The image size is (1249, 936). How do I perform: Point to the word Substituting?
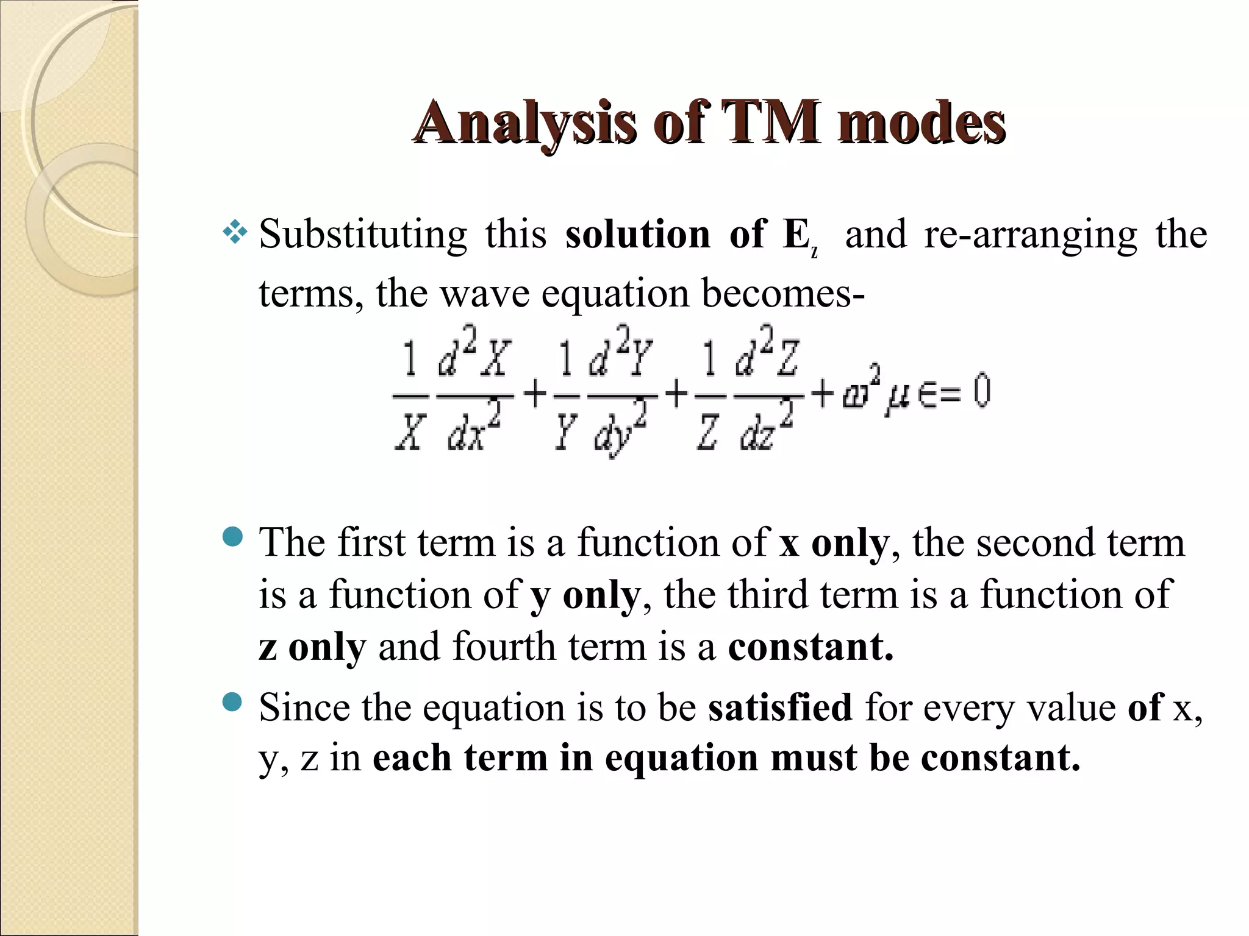[x=363, y=235]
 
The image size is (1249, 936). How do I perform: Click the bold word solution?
[x=638, y=235]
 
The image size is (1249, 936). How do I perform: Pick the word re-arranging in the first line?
[x=1031, y=235]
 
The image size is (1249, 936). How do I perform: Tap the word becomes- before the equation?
[x=783, y=293]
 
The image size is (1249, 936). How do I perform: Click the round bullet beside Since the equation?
[x=233, y=703]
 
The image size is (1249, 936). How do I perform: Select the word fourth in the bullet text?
[x=504, y=647]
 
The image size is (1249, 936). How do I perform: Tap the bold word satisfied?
[x=780, y=707]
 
